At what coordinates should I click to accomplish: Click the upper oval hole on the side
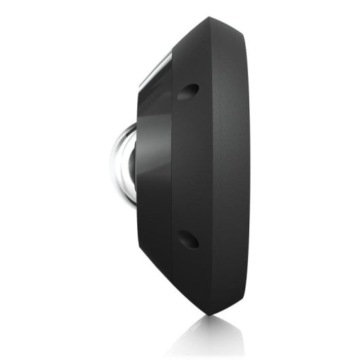pyautogui.click(x=187, y=91)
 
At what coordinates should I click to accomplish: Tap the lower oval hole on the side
pyautogui.click(x=187, y=239)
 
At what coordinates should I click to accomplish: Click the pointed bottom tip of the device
pyautogui.click(x=207, y=313)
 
